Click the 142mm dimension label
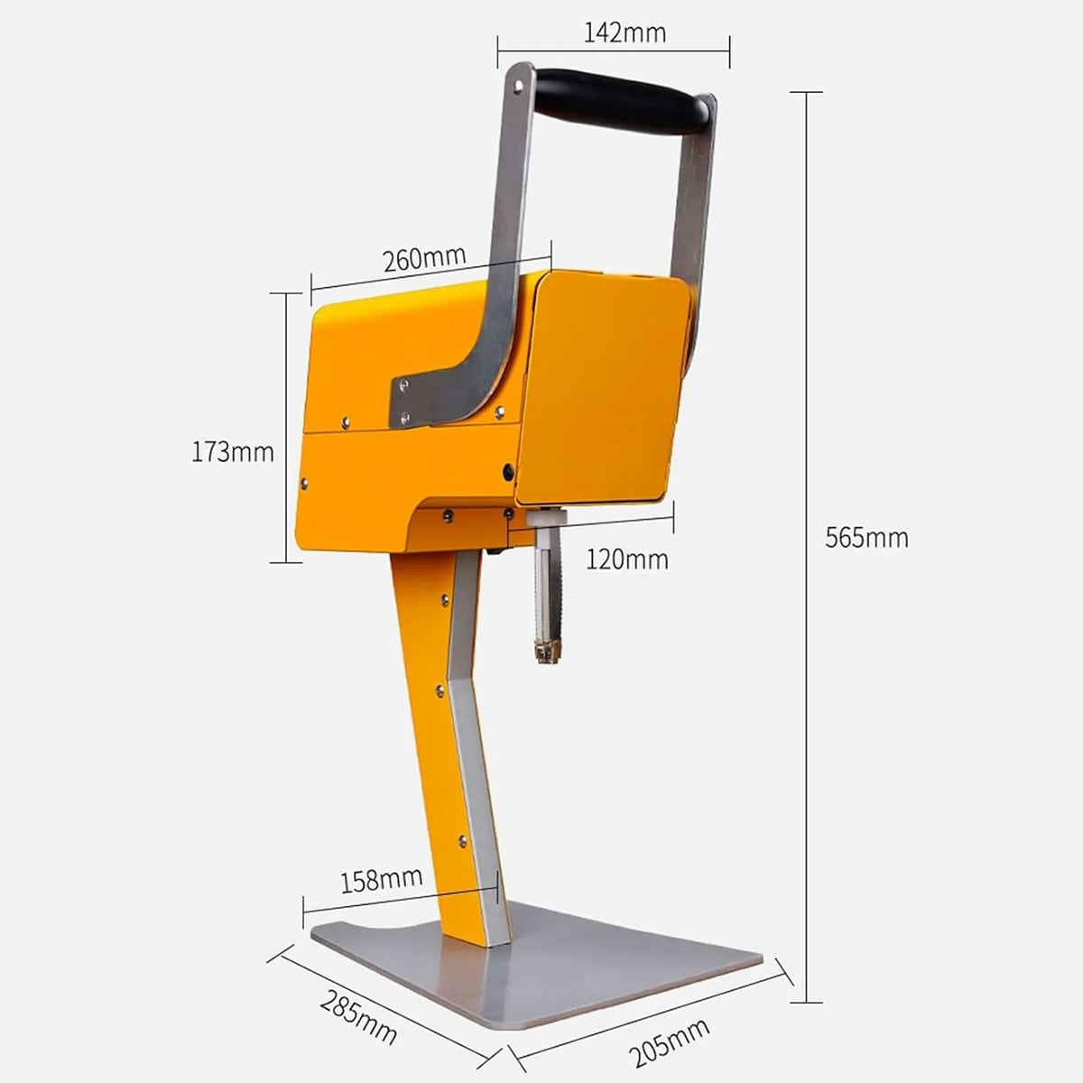click(625, 33)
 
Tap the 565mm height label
click(866, 538)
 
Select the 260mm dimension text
click(424, 258)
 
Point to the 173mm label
click(233, 452)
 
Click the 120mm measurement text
click(627, 560)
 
